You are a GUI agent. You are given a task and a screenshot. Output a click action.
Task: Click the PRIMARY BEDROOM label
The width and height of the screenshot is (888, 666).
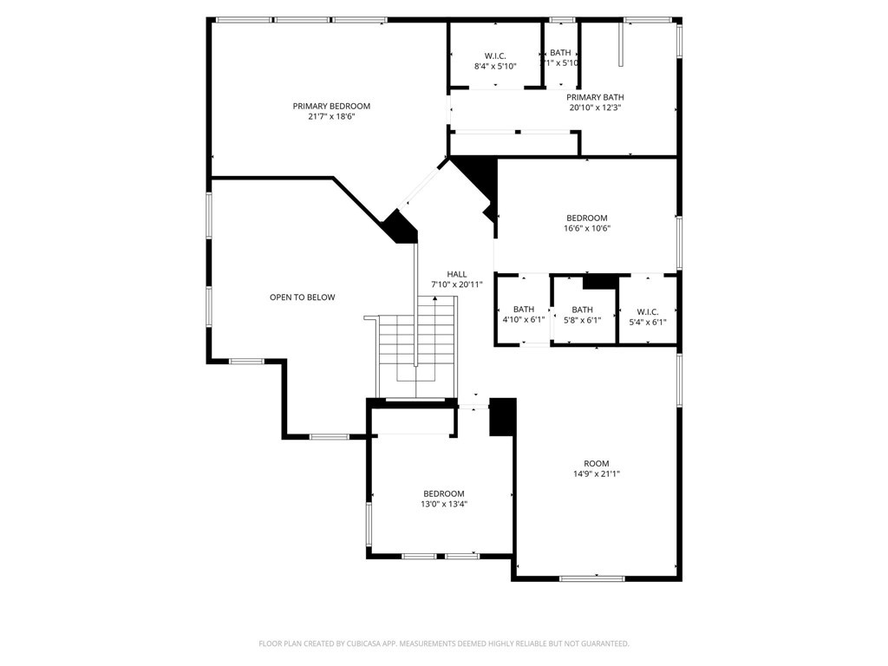click(x=331, y=106)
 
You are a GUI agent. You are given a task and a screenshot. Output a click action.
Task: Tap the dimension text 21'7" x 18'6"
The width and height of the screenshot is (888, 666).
click(x=331, y=116)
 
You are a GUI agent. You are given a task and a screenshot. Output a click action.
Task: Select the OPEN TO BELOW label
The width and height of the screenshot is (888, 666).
click(x=302, y=297)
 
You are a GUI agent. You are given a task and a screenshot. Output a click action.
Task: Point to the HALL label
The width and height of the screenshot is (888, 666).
click(x=457, y=274)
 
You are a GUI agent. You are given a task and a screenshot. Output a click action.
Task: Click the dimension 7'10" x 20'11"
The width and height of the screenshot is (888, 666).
click(x=457, y=284)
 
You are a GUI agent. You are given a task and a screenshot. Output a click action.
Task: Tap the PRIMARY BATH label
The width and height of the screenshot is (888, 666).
click(x=595, y=97)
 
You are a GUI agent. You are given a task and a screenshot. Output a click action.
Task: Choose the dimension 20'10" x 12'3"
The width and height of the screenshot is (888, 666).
click(x=595, y=108)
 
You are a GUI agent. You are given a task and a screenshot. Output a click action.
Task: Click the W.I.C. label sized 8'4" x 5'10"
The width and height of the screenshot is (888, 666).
click(x=495, y=55)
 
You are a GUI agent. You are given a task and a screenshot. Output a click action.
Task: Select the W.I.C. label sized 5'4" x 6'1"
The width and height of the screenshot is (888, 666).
click(x=648, y=311)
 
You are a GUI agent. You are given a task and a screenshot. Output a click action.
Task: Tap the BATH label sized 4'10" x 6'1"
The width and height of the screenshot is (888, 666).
click(x=524, y=309)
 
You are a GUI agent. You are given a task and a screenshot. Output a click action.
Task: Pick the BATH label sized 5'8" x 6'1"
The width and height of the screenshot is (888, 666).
click(x=582, y=309)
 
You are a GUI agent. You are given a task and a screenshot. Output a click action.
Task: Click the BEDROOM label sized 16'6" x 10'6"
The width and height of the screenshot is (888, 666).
click(x=587, y=218)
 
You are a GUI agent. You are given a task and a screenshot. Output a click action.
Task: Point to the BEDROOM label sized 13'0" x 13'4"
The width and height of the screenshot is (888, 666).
click(x=444, y=493)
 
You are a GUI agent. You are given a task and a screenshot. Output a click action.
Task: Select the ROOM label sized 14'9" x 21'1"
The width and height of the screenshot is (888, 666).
click(x=597, y=463)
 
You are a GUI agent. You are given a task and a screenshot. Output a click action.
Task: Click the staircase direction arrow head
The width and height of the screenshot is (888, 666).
click(x=434, y=299)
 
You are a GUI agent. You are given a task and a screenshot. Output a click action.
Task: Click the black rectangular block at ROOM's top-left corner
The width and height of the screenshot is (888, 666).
click(x=503, y=416)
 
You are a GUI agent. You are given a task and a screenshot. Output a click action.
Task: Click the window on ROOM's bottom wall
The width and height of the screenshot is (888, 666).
click(x=591, y=578)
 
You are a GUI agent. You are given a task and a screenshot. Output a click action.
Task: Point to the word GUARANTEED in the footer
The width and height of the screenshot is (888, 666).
click(x=603, y=643)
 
